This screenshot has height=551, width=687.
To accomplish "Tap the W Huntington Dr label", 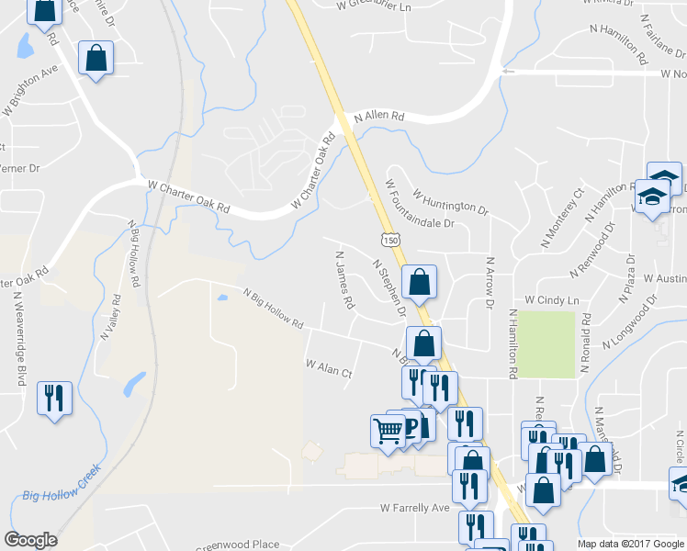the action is [450, 203].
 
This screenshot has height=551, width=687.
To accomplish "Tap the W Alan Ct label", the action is [329, 369].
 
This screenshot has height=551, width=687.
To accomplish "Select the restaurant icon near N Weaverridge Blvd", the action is [53, 399].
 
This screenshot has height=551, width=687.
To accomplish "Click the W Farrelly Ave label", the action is [415, 508].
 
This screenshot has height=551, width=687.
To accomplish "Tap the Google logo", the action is [30, 539].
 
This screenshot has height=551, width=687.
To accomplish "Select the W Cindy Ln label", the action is [552, 300].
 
